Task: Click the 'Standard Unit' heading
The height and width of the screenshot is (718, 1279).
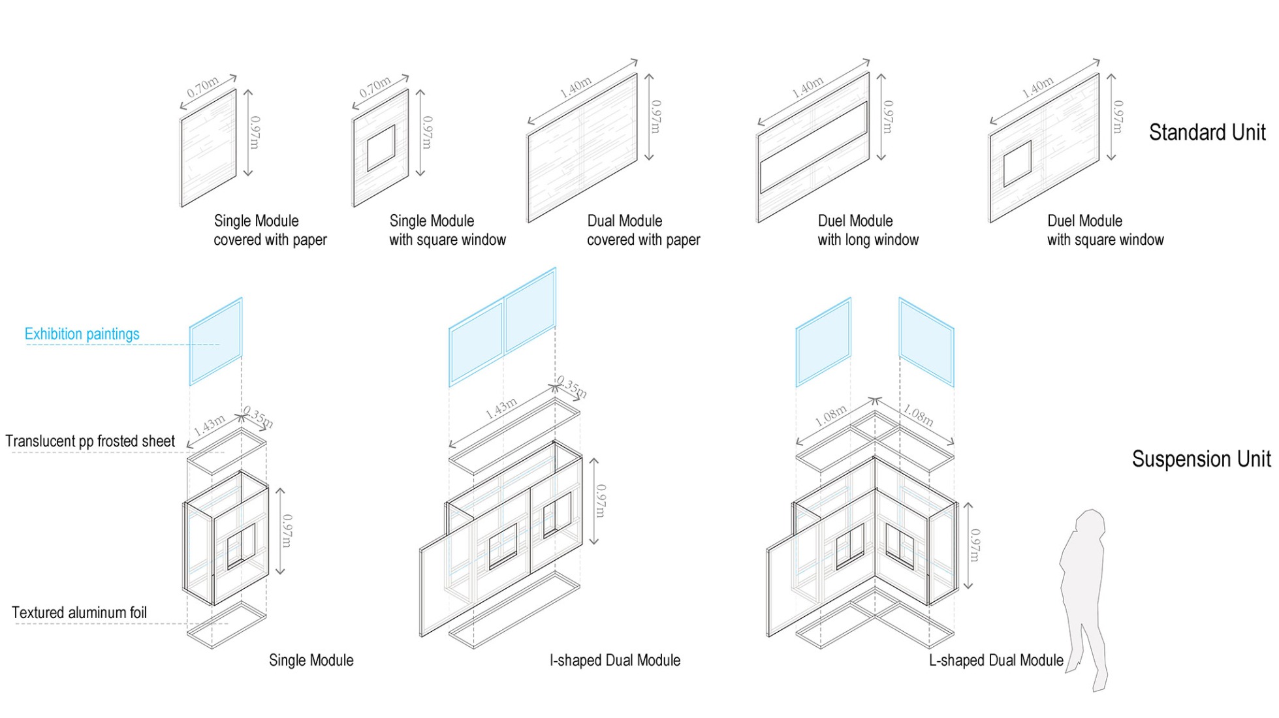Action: click(x=1207, y=133)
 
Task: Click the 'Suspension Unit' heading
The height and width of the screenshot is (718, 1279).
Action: click(x=1201, y=459)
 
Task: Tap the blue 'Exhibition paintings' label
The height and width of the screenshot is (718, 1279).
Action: click(x=82, y=334)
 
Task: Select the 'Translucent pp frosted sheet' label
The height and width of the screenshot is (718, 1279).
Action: click(x=90, y=441)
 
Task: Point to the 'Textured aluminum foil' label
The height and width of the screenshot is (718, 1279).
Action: click(x=79, y=613)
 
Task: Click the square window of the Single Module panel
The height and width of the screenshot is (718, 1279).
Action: click(x=381, y=148)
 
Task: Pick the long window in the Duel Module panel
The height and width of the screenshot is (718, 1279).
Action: click(x=813, y=148)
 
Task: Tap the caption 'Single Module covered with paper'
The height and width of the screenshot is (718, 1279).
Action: click(x=270, y=230)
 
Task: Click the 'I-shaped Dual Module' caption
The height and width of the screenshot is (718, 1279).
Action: click(x=614, y=661)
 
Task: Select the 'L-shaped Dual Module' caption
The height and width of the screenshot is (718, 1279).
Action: click(x=996, y=661)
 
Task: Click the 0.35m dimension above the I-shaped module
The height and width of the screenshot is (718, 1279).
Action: click(x=572, y=387)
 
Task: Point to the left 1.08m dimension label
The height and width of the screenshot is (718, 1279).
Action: click(x=830, y=416)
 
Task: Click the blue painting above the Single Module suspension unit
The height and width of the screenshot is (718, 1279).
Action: click(x=215, y=341)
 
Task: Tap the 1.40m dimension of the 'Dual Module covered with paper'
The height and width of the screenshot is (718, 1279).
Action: click(x=576, y=87)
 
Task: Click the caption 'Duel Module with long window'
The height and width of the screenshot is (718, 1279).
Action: click(x=867, y=230)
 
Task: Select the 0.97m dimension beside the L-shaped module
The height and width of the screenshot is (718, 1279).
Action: click(x=975, y=545)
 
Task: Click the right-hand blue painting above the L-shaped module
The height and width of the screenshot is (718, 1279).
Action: click(x=926, y=342)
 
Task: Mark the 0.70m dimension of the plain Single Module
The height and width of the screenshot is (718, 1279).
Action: click(x=202, y=87)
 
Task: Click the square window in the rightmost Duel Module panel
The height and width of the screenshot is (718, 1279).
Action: click(x=1017, y=163)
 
